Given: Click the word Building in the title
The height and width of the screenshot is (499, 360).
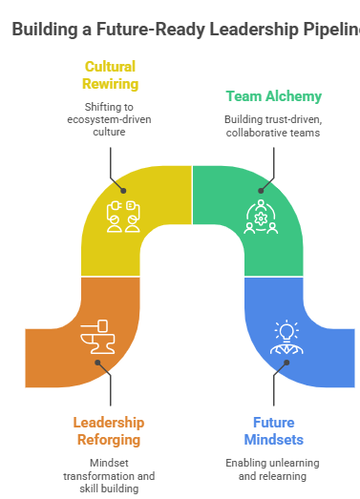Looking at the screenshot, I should click(x=42, y=30).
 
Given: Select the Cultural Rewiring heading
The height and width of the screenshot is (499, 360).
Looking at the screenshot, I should click(x=110, y=75).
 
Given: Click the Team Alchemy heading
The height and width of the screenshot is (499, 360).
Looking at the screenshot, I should click(x=273, y=95).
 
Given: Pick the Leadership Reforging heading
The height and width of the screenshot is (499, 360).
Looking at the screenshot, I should click(x=110, y=431).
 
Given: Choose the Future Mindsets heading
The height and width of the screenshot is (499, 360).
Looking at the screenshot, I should click(x=273, y=431).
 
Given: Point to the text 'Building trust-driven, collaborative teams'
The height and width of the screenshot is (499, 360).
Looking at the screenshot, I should click(x=273, y=126).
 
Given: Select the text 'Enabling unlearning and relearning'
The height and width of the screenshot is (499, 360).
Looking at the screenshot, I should click(x=273, y=468).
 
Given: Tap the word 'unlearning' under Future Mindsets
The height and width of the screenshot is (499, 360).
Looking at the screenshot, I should click(x=291, y=462).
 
